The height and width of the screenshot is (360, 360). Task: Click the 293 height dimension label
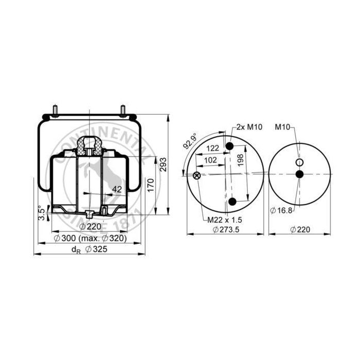164,165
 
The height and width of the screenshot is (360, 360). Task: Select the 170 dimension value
151,186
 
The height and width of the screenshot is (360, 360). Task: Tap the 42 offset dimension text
117,189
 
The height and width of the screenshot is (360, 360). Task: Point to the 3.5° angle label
42,213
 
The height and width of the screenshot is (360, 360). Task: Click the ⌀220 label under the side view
90,227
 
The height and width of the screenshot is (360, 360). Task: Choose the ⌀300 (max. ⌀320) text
90,238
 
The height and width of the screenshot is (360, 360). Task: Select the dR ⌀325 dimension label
89,249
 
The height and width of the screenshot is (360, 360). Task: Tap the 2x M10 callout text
249,127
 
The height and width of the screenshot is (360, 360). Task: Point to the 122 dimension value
212,148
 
